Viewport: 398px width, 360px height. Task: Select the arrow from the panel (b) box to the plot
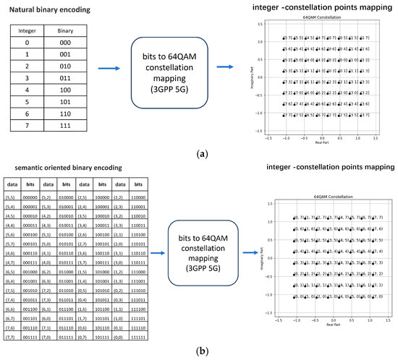(250, 254)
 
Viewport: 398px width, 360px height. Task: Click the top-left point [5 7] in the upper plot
(284, 37)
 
